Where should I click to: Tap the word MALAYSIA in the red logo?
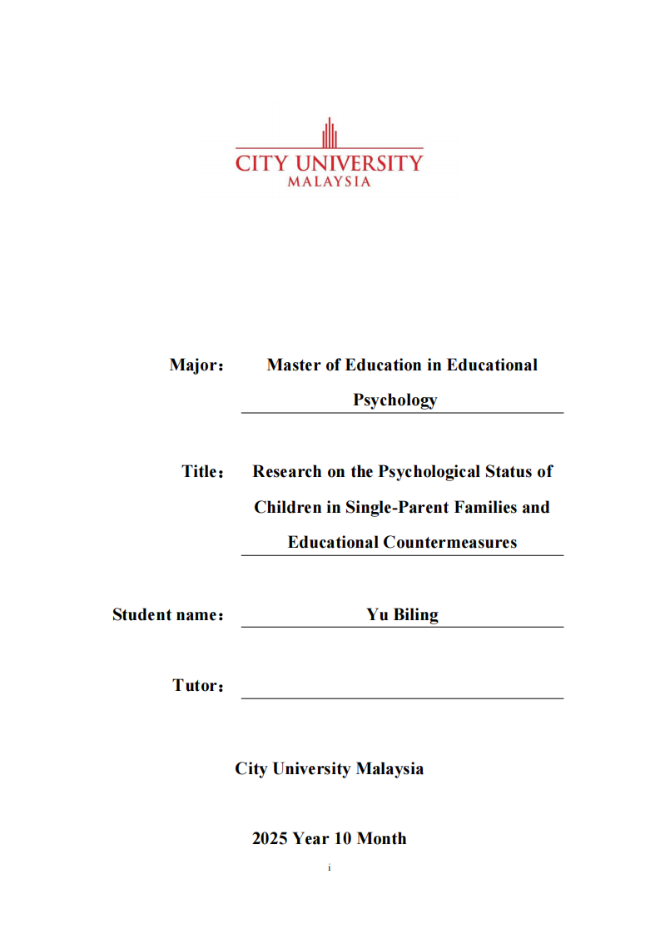(x=329, y=181)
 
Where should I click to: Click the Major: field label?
(x=197, y=365)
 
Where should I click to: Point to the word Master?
(x=294, y=365)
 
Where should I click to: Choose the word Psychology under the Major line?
(x=395, y=400)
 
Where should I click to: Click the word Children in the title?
(x=287, y=507)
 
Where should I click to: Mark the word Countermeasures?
(x=450, y=542)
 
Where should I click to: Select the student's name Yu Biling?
(x=402, y=615)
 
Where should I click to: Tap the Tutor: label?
(x=199, y=686)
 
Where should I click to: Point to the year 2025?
(x=270, y=838)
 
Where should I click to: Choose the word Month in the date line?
(x=382, y=838)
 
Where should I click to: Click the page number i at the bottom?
(x=330, y=868)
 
